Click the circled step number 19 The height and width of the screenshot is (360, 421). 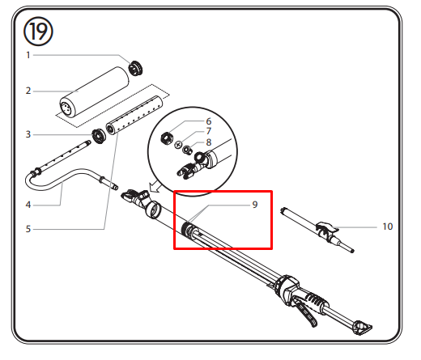38,32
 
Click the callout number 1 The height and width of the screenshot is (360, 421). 28,55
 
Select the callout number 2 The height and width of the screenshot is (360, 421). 28,91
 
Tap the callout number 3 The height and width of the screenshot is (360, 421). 28,134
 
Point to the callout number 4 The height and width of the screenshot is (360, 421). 28,205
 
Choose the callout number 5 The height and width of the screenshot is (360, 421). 28,229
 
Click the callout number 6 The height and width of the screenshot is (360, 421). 209,121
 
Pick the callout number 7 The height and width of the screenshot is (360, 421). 209,131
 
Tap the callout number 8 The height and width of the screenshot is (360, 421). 209,142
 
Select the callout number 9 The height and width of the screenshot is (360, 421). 255,205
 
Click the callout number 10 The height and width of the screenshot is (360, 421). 388,227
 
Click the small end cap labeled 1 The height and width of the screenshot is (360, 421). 135,68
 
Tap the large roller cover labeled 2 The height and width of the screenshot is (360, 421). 94,92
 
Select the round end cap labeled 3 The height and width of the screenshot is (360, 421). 99,136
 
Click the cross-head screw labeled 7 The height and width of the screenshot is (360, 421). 178,145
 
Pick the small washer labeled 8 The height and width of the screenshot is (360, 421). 187,149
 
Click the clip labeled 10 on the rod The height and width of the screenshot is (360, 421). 326,230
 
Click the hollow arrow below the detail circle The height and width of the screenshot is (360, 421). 155,187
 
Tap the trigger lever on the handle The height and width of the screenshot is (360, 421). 306,312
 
